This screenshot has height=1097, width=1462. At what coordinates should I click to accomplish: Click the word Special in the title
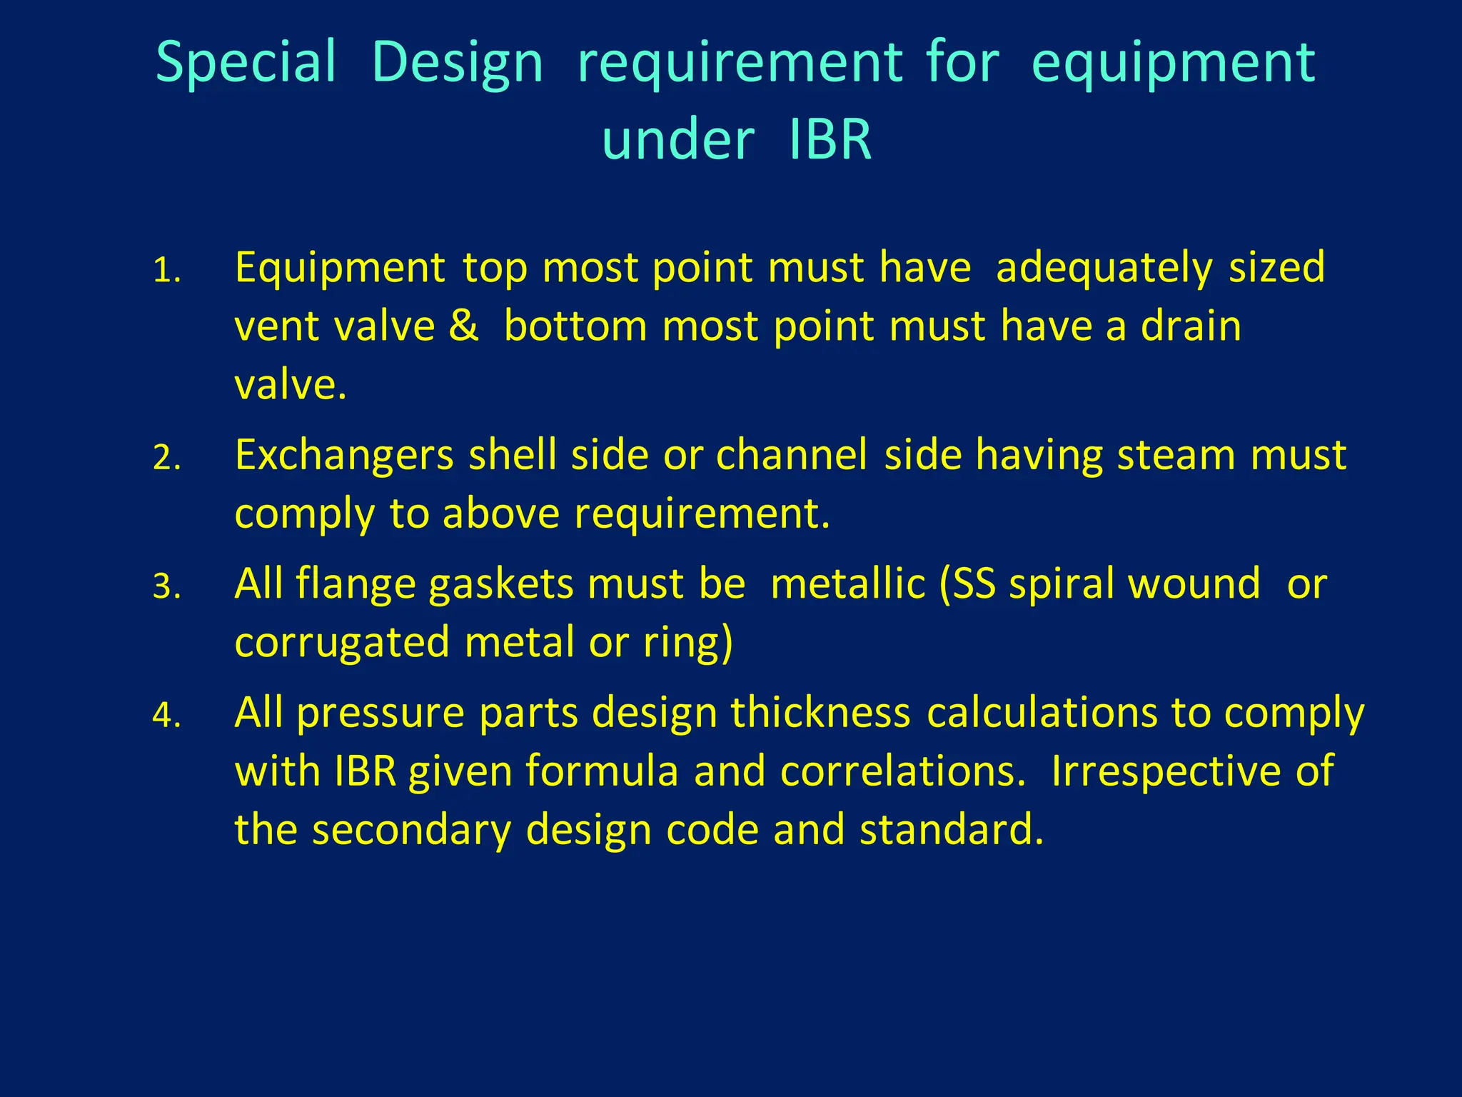coord(246,63)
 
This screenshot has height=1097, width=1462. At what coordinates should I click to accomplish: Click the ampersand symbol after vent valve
coord(464,326)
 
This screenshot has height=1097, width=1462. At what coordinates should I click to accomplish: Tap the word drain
coord(1191,326)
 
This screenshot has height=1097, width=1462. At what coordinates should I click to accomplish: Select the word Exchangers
coord(344,456)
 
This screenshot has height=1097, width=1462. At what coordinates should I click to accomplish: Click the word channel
coord(792,455)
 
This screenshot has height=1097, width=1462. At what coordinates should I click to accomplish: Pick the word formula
coord(602,771)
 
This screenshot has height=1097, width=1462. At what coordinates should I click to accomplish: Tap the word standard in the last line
coord(952,830)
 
